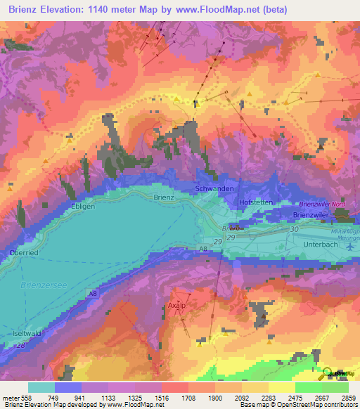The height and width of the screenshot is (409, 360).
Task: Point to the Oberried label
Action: pos(23,253)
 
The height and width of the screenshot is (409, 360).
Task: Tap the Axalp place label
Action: pos(177,306)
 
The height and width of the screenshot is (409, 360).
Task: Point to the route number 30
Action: pos(294,230)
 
